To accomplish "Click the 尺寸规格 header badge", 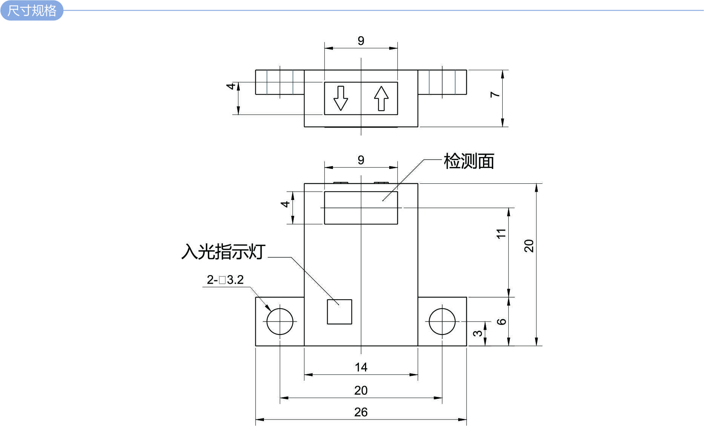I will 32,10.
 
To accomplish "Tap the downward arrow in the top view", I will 340,98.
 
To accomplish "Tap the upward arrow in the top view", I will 381,98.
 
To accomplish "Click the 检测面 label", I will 469,161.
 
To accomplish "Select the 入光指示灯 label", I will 223,251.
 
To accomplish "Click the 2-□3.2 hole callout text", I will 225,280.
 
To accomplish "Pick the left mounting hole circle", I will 280,321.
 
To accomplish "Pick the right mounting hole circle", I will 442,321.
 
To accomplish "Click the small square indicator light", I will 339,312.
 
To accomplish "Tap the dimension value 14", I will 361,367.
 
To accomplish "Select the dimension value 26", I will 361,412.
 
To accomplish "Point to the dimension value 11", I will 501,234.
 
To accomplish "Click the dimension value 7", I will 495,94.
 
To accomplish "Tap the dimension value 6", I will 501,321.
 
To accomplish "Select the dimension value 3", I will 477,333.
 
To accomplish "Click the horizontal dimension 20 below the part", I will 361,390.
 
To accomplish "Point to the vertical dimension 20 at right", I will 529,246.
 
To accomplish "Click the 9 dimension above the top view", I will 361,41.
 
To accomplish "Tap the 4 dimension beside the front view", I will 285,204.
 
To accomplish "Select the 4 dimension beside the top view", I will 231,86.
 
